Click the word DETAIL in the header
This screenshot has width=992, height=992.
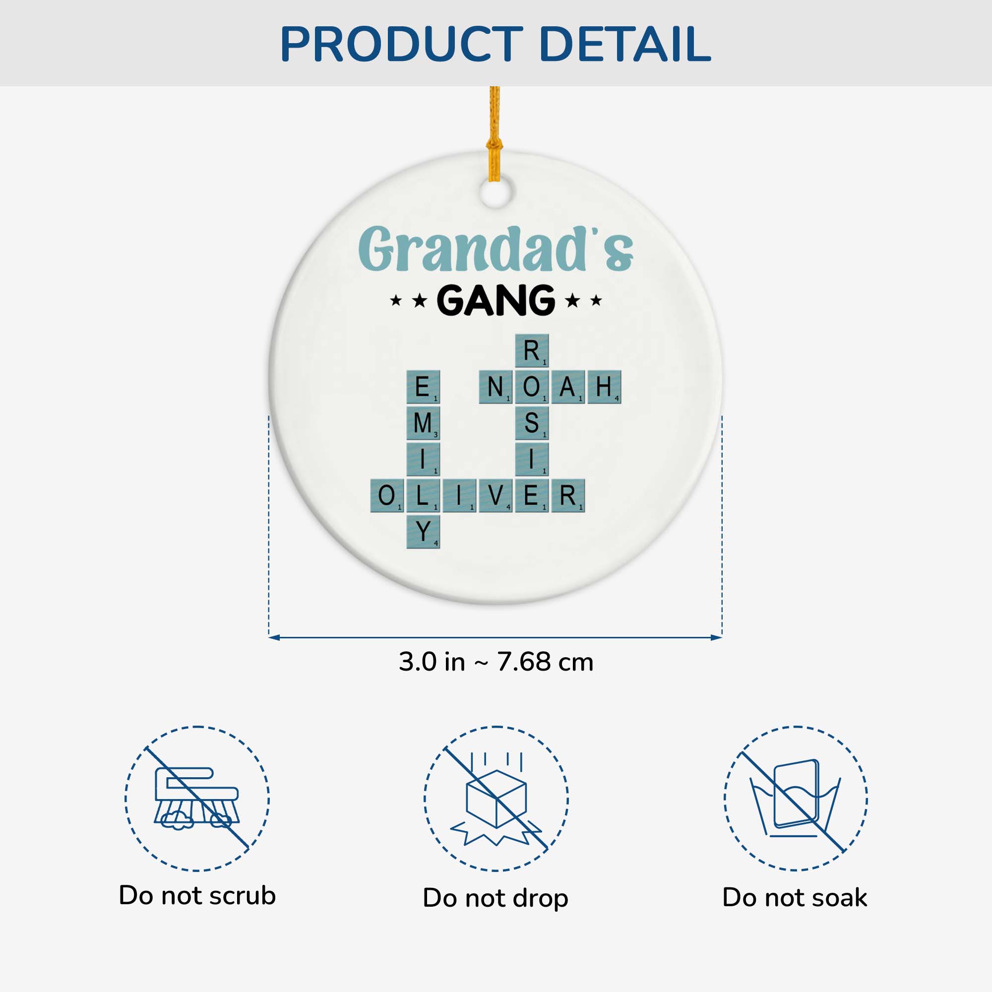click(x=625, y=44)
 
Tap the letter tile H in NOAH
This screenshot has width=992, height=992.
click(x=604, y=387)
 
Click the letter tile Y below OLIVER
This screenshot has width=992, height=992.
click(x=423, y=531)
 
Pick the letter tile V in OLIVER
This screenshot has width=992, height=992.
click(x=496, y=496)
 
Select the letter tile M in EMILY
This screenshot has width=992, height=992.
click(x=423, y=423)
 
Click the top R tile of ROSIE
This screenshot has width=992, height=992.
click(x=532, y=351)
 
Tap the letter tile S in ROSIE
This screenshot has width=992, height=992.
click(x=532, y=423)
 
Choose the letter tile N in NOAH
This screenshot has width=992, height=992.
click(x=496, y=387)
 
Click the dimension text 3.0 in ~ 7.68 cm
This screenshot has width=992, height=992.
click(x=496, y=662)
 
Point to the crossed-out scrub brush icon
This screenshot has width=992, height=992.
click(x=197, y=799)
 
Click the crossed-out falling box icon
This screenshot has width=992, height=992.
click(x=496, y=799)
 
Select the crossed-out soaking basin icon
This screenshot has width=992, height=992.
click(x=796, y=799)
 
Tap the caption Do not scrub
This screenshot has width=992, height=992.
click(x=197, y=895)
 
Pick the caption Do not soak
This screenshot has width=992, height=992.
click(x=795, y=898)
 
